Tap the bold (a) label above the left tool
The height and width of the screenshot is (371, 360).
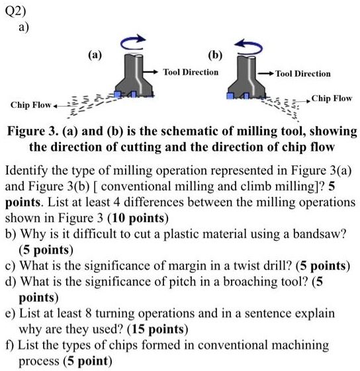95,56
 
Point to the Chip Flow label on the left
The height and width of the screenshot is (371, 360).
30,105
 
